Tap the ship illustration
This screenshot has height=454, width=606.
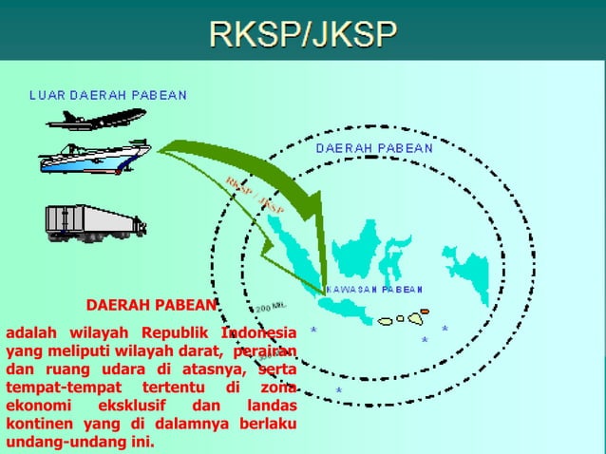click(x=94, y=158)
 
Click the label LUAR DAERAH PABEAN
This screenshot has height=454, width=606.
click(x=107, y=95)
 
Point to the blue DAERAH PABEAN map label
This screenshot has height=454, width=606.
click(x=373, y=148)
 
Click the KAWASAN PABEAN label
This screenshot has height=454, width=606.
click(x=375, y=289)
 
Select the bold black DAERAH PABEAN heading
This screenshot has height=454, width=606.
click(x=151, y=306)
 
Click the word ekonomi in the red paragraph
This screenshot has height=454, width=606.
click(x=37, y=407)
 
